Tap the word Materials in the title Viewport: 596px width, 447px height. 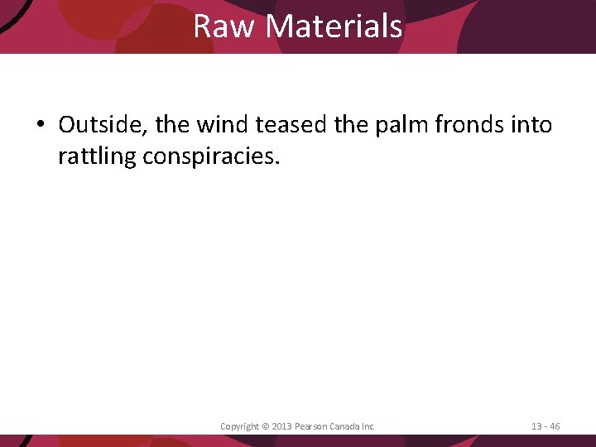pos(334,26)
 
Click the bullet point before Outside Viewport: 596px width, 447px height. pos(41,126)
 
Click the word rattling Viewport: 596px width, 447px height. pos(97,156)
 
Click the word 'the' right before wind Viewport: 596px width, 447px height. pos(172,125)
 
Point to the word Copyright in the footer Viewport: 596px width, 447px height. pos(239,426)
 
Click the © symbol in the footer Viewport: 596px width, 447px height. pos(265,426)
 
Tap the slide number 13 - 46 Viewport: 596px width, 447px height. pos(546,426)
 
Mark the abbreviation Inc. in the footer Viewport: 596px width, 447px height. pos(369,426)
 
